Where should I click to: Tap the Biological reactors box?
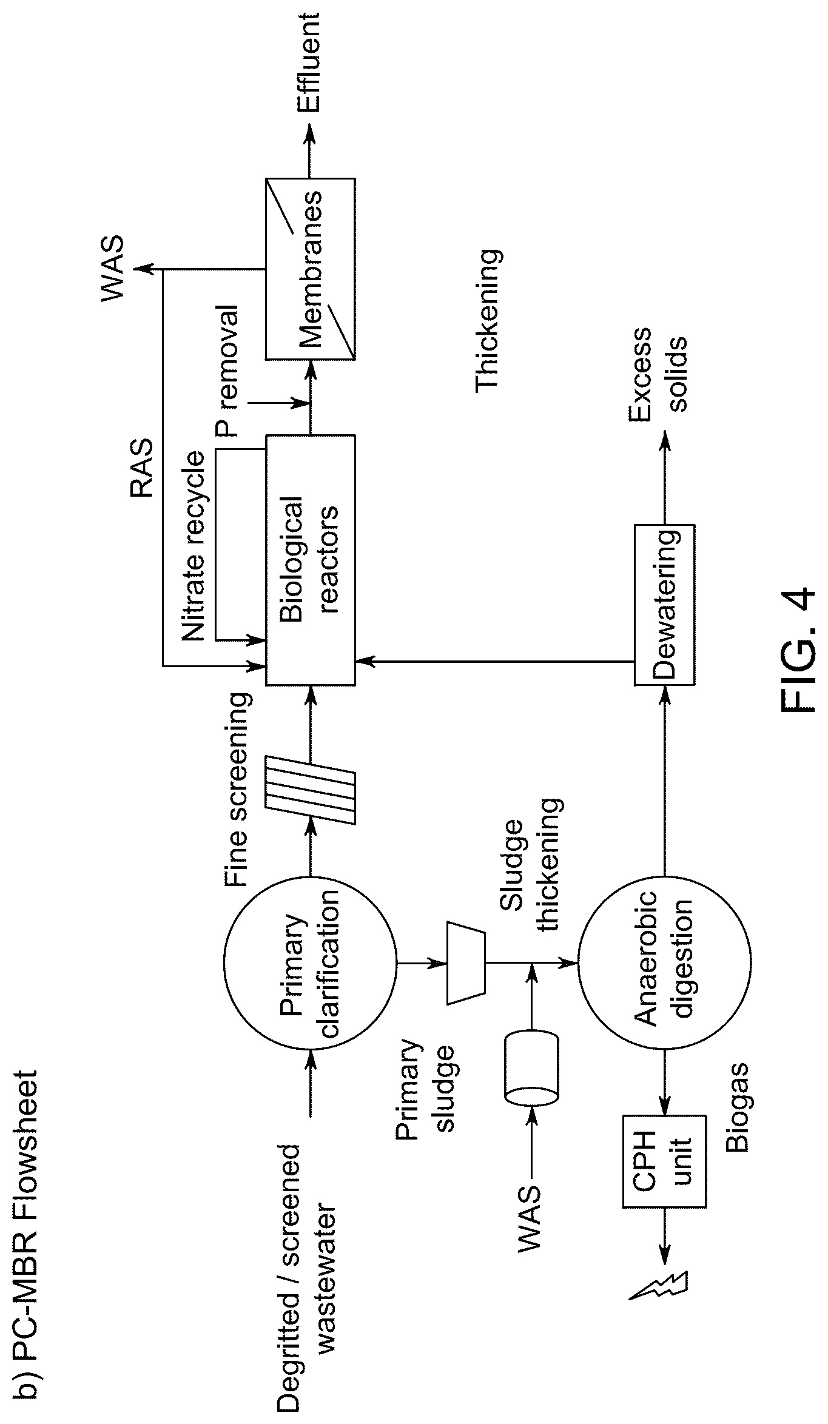[x=310, y=559]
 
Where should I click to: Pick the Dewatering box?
[x=665, y=604]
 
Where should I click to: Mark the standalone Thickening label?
[x=489, y=320]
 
